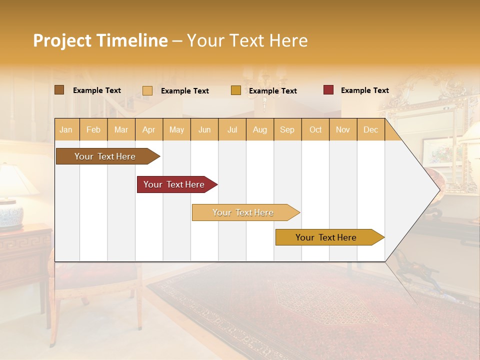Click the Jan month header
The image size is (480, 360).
66,130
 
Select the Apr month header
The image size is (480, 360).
149,130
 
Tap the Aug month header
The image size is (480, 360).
260,130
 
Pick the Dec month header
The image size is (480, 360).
371,130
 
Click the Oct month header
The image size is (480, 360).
315,130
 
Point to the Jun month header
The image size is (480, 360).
204,130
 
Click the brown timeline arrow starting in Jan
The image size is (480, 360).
105,156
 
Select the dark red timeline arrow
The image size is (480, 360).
174,184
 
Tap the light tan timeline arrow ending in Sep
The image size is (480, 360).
243,212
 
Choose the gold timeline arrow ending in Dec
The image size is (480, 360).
326,237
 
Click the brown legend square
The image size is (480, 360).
59,90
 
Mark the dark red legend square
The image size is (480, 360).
328,90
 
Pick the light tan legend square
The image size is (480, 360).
147,90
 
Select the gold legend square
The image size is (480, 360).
236,90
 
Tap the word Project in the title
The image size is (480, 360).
62,40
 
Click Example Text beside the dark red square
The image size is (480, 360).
364,90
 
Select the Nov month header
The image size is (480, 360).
343,130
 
